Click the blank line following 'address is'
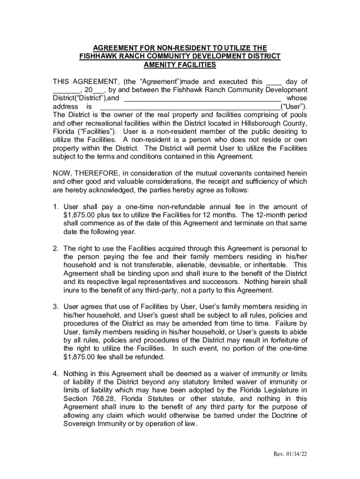tap(190, 107)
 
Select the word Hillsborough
tap(253, 123)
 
